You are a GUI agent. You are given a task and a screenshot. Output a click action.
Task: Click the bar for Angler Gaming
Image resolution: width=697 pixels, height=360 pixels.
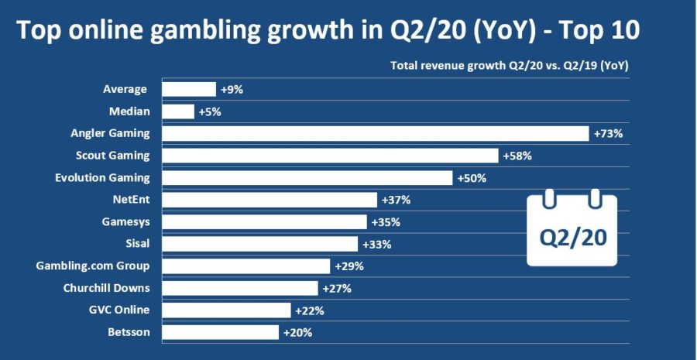point(375,133)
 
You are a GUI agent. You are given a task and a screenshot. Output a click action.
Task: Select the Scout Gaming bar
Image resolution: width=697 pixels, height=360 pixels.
point(329,156)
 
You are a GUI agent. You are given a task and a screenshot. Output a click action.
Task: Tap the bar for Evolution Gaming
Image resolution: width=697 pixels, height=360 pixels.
point(307,178)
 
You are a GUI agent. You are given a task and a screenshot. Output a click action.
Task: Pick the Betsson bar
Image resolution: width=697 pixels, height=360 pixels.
point(220,332)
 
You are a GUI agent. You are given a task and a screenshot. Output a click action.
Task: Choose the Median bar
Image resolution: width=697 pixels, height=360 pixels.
point(178,111)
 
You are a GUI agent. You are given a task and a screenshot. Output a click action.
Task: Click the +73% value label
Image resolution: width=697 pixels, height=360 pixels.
point(608,133)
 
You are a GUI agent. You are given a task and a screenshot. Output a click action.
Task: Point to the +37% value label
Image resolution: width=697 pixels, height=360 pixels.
point(396,201)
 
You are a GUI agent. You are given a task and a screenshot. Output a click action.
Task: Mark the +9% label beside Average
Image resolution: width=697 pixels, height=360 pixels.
point(232,89)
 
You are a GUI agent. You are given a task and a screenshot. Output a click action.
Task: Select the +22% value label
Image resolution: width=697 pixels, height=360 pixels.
point(309,310)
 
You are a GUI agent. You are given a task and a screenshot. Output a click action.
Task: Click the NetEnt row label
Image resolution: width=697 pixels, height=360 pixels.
point(131,200)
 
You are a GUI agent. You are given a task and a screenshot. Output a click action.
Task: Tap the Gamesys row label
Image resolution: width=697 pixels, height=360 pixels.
point(127,222)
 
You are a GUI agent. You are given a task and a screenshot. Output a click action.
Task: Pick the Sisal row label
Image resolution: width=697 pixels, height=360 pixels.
point(136,244)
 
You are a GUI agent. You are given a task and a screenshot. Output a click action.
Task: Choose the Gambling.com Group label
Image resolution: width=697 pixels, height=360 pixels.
point(93,266)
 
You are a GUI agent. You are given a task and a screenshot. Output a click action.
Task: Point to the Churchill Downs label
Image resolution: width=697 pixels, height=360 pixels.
point(106,288)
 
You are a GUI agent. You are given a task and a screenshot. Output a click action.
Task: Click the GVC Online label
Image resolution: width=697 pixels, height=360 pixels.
point(119,310)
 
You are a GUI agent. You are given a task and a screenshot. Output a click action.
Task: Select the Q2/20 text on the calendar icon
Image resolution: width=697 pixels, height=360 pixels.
point(573,238)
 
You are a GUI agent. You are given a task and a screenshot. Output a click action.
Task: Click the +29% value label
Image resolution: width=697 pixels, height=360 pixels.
point(348,266)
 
